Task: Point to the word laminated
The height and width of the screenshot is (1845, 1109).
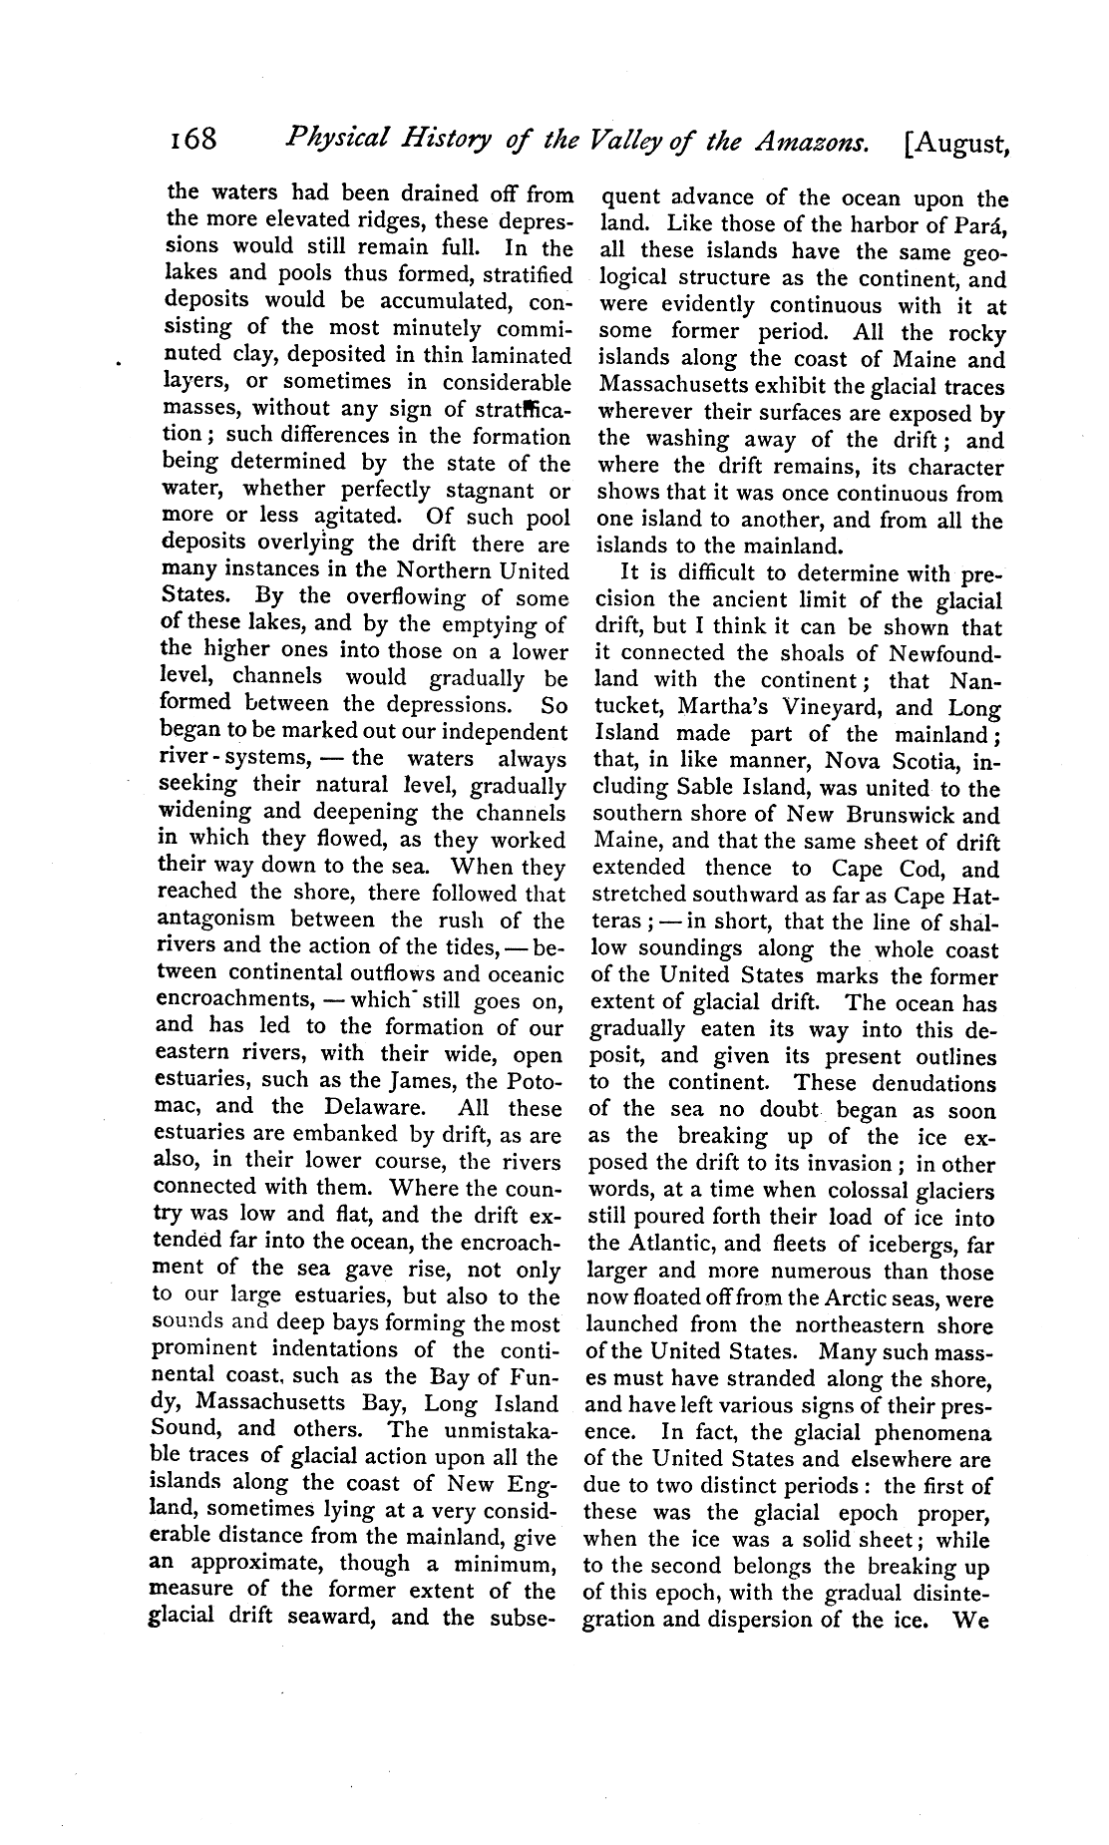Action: click(519, 355)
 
